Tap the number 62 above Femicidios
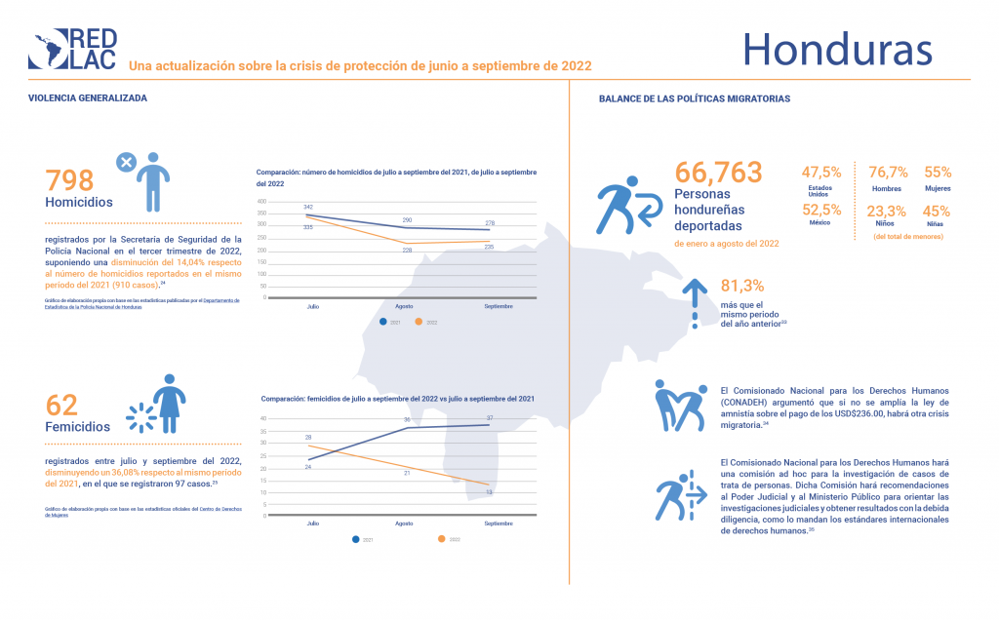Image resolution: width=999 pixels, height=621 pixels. [61, 405]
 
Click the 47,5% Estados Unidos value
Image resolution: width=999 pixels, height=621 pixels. [820, 172]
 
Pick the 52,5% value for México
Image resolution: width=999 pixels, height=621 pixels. [820, 210]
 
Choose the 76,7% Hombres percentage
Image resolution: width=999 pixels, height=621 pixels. [887, 172]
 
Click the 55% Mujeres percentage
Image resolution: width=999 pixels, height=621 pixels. [938, 172]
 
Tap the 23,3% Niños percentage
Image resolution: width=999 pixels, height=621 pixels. [887, 210]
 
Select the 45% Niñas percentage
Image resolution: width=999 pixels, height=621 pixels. [938, 210]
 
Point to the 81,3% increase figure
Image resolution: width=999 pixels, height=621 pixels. [742, 286]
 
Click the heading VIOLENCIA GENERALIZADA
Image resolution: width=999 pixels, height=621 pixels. [88, 98]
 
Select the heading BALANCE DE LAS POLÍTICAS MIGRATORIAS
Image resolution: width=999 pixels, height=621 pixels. [694, 99]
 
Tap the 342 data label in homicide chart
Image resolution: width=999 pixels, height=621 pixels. [308, 208]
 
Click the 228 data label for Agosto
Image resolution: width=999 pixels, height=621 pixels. [408, 250]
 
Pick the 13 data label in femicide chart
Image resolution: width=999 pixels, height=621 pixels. [489, 493]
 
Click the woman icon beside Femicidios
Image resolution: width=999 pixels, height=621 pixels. [168, 403]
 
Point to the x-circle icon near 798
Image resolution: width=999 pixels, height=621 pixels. [125, 162]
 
